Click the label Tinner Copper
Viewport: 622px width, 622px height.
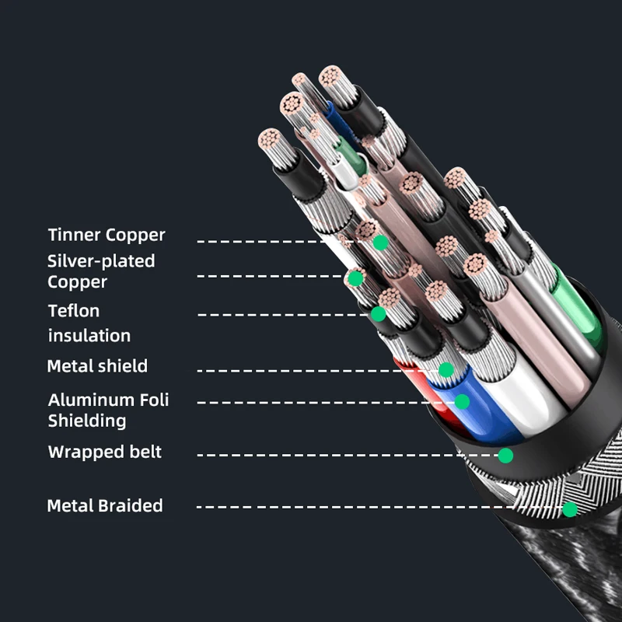107,235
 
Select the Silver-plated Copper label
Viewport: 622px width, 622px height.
101,271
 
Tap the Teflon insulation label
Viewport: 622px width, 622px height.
89,323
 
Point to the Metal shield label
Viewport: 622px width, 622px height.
97,366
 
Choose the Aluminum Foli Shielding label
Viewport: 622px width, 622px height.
108,411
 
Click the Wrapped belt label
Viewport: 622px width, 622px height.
105,452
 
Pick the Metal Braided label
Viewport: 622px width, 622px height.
105,506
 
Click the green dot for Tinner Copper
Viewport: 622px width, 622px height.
380,243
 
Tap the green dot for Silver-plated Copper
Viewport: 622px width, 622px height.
355,278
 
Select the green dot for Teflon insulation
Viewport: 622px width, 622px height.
378,314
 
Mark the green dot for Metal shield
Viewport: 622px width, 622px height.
446,369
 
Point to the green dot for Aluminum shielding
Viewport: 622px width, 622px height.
462,401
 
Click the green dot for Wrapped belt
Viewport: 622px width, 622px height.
505,455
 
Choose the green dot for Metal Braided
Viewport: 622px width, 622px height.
570,509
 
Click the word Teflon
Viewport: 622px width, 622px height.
74,311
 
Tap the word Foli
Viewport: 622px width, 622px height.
155,400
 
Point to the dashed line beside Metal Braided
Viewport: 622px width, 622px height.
373,508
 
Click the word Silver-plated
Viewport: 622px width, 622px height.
101,261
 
